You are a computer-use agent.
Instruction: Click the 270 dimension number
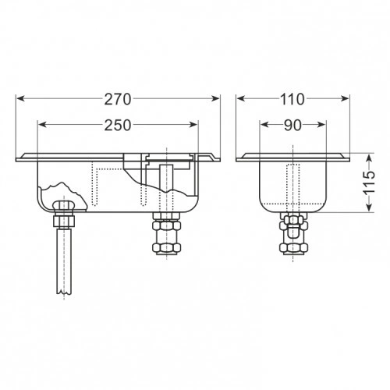[118, 99]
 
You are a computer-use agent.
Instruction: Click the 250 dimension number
[118, 126]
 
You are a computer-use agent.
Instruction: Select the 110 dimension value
[292, 99]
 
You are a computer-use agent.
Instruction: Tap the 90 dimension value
[292, 126]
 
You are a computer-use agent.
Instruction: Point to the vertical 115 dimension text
[369, 182]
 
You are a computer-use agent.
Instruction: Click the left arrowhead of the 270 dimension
[20, 98]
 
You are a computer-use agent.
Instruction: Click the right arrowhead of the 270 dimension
[216, 98]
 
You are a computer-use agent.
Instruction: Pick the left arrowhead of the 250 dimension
[42, 125]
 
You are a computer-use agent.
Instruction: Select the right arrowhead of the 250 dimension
[193, 125]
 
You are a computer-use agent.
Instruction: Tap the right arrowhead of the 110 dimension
[345, 98]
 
